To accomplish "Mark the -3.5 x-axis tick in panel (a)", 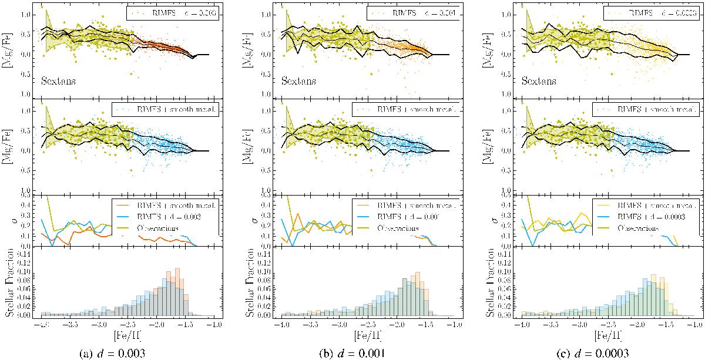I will (x=70, y=324).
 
